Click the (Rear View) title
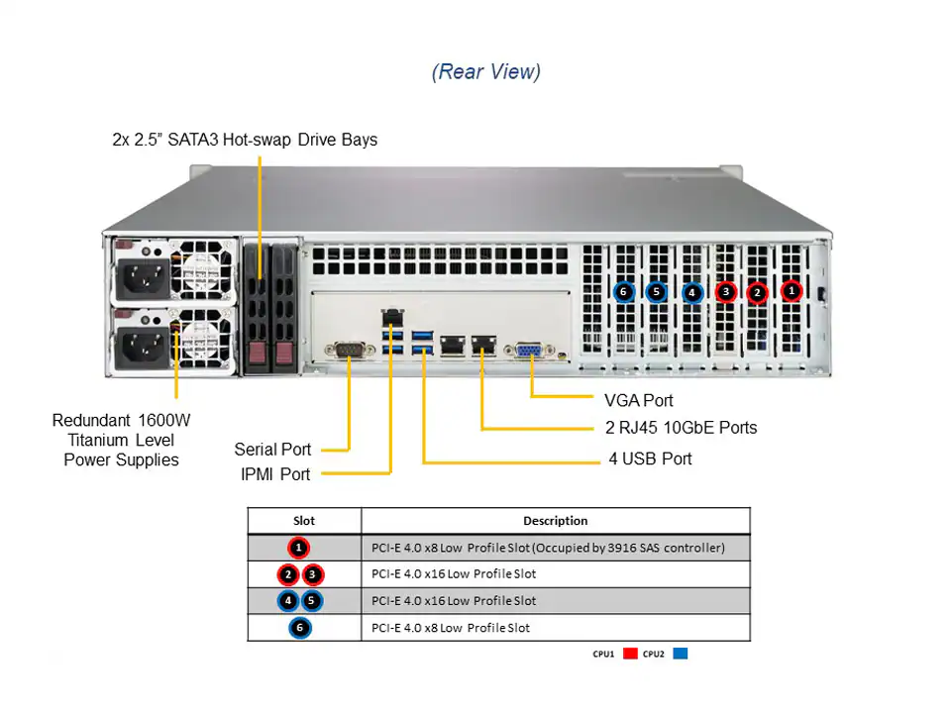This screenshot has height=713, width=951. pyautogui.click(x=485, y=72)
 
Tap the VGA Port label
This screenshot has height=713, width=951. pyautogui.click(x=638, y=400)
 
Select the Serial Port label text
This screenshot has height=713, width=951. pyautogui.click(x=272, y=450)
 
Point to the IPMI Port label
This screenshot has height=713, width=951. pyautogui.click(x=275, y=474)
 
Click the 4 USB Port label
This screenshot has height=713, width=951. pyautogui.click(x=650, y=458)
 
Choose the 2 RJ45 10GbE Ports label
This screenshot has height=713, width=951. pyautogui.click(x=681, y=428)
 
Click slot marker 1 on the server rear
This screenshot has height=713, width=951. pyautogui.click(x=792, y=291)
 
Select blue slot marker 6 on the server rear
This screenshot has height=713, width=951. pyautogui.click(x=623, y=291)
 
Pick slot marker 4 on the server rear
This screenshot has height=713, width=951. pyautogui.click(x=691, y=292)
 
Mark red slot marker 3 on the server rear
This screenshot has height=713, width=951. pyautogui.click(x=726, y=292)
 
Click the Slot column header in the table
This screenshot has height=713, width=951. pyautogui.click(x=304, y=521)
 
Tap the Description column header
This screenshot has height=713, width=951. pyautogui.click(x=555, y=521)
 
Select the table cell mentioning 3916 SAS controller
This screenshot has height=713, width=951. pyautogui.click(x=548, y=548)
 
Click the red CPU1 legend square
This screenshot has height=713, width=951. pyautogui.click(x=630, y=654)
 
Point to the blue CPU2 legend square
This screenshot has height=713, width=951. pyautogui.click(x=680, y=654)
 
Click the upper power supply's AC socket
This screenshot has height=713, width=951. pyautogui.click(x=141, y=279)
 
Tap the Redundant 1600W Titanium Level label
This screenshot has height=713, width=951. pyautogui.click(x=121, y=440)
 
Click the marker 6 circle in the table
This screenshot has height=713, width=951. pyautogui.click(x=300, y=628)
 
